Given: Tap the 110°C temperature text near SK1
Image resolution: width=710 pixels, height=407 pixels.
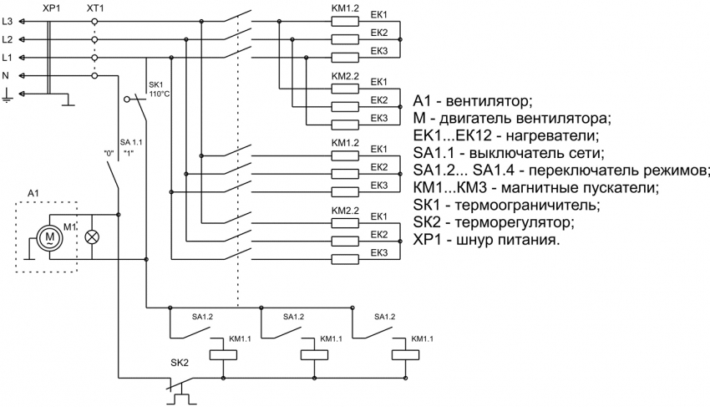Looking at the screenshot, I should point(160,94).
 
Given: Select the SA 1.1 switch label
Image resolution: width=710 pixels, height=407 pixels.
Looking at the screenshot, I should point(131,142).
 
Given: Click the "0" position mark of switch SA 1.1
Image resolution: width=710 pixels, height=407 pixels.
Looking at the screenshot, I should point(108,155).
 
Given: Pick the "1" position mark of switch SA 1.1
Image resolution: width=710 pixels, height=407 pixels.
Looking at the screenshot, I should point(128,155).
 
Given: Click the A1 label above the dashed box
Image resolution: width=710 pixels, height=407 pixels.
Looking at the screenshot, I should point(33,194).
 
